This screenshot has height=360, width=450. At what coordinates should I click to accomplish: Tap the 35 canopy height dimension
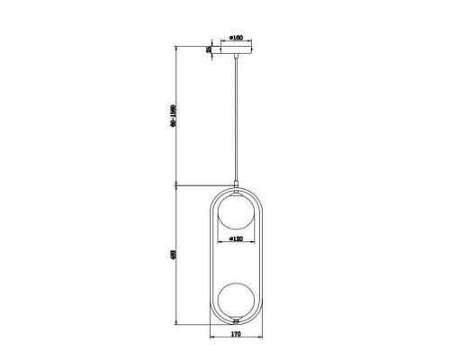[209, 50]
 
